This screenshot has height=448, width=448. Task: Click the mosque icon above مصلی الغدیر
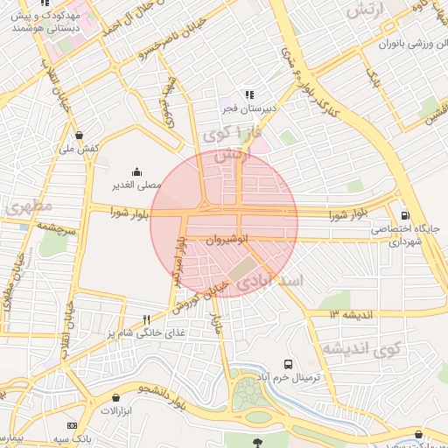pos(136,172)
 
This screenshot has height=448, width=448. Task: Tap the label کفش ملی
pos(80,148)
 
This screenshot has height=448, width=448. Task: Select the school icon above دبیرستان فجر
pos(249,94)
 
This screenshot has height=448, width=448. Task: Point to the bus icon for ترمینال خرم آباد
pos(288,364)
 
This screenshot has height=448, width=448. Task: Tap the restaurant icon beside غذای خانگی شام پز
pos(146,319)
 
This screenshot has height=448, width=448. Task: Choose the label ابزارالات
pos(114,410)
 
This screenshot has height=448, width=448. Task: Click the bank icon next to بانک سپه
pos(73,425)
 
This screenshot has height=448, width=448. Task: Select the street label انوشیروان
pos(228,238)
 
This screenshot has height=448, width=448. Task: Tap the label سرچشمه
pos(55,226)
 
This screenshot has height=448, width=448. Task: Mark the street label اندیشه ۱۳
pos(351,313)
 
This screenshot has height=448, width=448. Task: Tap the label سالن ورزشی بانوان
pos(412,43)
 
